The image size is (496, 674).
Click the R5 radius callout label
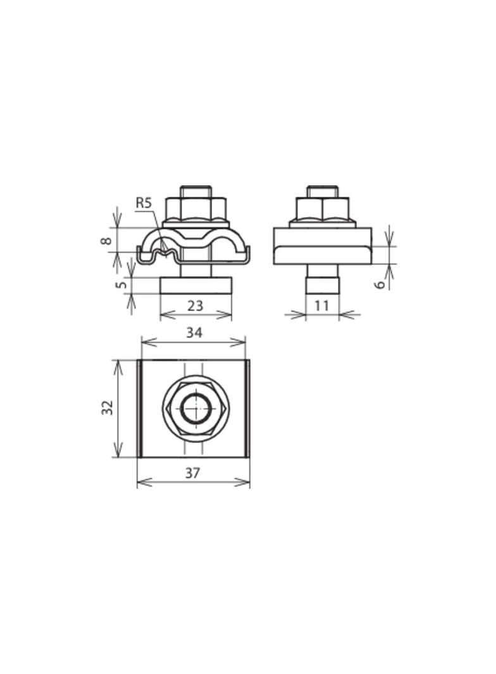144,203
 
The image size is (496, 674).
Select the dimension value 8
106,240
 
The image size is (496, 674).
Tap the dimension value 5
122,285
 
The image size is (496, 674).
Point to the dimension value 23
195,306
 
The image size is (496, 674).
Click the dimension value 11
321,305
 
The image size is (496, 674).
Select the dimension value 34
194,333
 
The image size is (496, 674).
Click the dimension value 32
107,407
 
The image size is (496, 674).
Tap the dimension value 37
193,473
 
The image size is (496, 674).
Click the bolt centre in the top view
195,407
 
